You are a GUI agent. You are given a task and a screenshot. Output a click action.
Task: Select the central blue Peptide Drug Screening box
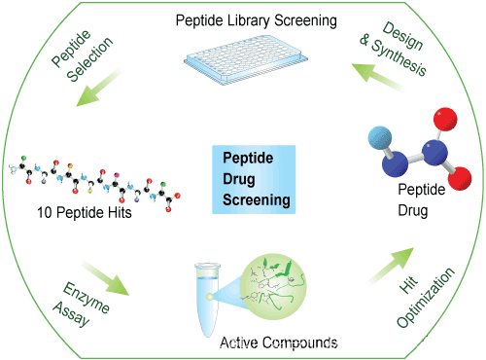pyautogui.click(x=255, y=178)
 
